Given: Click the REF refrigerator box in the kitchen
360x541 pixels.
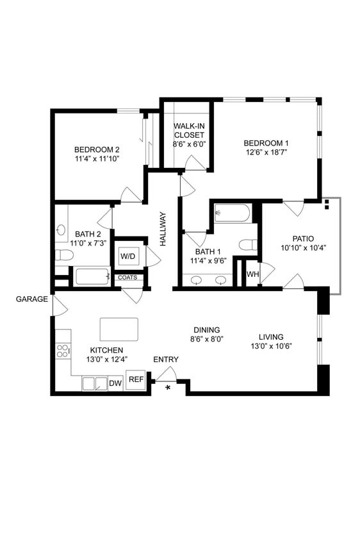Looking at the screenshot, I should pyautogui.click(x=135, y=379).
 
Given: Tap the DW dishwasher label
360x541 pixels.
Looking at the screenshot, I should pyautogui.click(x=115, y=383).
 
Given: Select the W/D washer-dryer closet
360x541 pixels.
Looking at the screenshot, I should pyautogui.click(x=128, y=256).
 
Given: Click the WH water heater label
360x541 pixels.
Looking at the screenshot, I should pyautogui.click(x=252, y=274).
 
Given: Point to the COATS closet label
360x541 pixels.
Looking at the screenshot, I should pyautogui.click(x=126, y=278).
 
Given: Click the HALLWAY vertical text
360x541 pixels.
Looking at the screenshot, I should pyautogui.click(x=163, y=229).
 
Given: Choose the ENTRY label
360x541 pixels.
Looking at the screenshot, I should pyautogui.click(x=166, y=359).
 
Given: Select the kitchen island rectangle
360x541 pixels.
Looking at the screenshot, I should pyautogui.click(x=119, y=329).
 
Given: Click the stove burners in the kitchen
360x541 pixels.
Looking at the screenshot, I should pyautogui.click(x=63, y=351).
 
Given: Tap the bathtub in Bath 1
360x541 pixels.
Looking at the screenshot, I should pyautogui.click(x=232, y=213).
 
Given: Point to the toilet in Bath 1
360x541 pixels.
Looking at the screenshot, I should pyautogui.click(x=249, y=245).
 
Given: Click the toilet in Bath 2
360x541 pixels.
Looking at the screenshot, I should pyautogui.click(x=63, y=255).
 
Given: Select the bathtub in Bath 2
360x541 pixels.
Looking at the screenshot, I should pyautogui.click(x=92, y=277).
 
